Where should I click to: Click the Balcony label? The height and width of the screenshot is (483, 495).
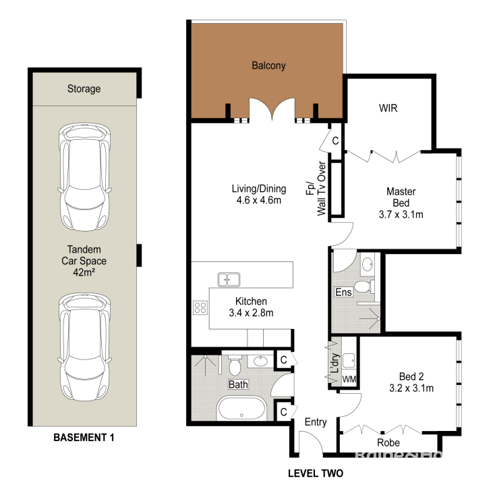pyautogui.click(x=268, y=66)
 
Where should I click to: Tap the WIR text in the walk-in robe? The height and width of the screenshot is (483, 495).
pyautogui.click(x=388, y=108)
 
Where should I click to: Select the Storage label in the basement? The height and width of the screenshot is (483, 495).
pyautogui.click(x=84, y=88)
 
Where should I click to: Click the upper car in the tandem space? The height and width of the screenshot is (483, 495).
pyautogui.click(x=84, y=177)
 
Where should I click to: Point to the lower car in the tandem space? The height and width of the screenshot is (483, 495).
pyautogui.click(x=84, y=347)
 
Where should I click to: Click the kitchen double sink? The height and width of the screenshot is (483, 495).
pyautogui.click(x=229, y=280)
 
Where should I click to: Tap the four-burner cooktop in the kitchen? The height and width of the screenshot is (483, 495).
pyautogui.click(x=200, y=307)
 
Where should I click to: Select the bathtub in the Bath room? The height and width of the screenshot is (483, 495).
pyautogui.click(x=241, y=408)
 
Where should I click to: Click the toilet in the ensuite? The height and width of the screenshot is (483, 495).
pyautogui.click(x=364, y=287)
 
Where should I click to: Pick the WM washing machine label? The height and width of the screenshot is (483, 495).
pyautogui.click(x=349, y=379)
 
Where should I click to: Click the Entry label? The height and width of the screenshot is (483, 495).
pyautogui.click(x=316, y=422)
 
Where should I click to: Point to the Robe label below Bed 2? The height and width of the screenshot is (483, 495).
pyautogui.click(x=388, y=442)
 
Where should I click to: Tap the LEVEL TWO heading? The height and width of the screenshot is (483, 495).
pyautogui.click(x=316, y=473)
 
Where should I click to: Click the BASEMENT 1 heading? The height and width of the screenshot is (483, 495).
pyautogui.click(x=84, y=438)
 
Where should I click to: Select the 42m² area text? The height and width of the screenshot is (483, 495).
pyautogui.click(x=84, y=272)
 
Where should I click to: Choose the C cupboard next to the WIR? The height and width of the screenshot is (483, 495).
pyautogui.click(x=335, y=141)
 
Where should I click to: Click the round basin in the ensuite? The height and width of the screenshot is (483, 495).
pyautogui.click(x=367, y=264)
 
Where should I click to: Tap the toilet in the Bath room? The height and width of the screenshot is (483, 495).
pyautogui.click(x=235, y=365)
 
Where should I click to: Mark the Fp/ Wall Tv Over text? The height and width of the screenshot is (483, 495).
pyautogui.click(x=316, y=188)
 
